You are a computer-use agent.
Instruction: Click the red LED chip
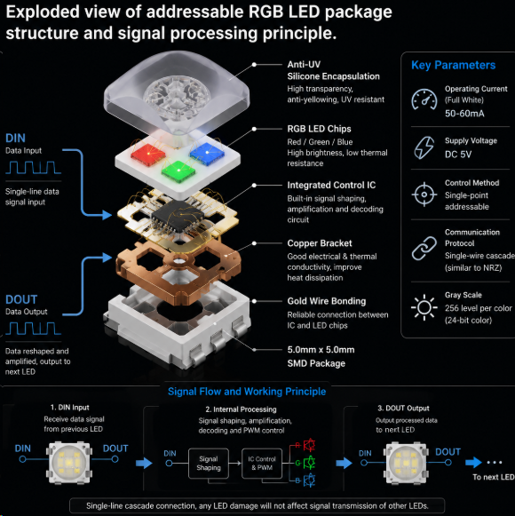[148, 154]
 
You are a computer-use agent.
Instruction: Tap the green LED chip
[178, 171]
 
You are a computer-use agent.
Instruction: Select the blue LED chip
[207, 154]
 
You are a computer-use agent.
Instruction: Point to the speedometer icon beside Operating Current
[424, 99]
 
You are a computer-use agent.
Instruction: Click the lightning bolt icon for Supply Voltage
[424, 147]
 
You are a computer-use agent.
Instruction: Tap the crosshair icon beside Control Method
[424, 194]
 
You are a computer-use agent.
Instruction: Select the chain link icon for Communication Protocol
[424, 248]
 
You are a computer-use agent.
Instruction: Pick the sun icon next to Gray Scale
[424, 307]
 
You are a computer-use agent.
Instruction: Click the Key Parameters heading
[453, 65]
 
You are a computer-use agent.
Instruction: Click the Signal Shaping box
[209, 464]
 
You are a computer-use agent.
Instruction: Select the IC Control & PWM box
[262, 464]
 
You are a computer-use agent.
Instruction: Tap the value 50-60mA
[464, 114]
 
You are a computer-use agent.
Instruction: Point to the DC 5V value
[458, 155]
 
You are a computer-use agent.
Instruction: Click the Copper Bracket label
[320, 243]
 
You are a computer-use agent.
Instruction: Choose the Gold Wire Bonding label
[327, 301]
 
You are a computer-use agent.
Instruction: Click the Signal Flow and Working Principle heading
[247, 392]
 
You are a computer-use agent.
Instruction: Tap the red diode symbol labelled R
[309, 445]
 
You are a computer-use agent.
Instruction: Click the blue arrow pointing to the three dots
[473, 462]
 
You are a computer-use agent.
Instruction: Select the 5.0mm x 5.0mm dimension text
[321, 350]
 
